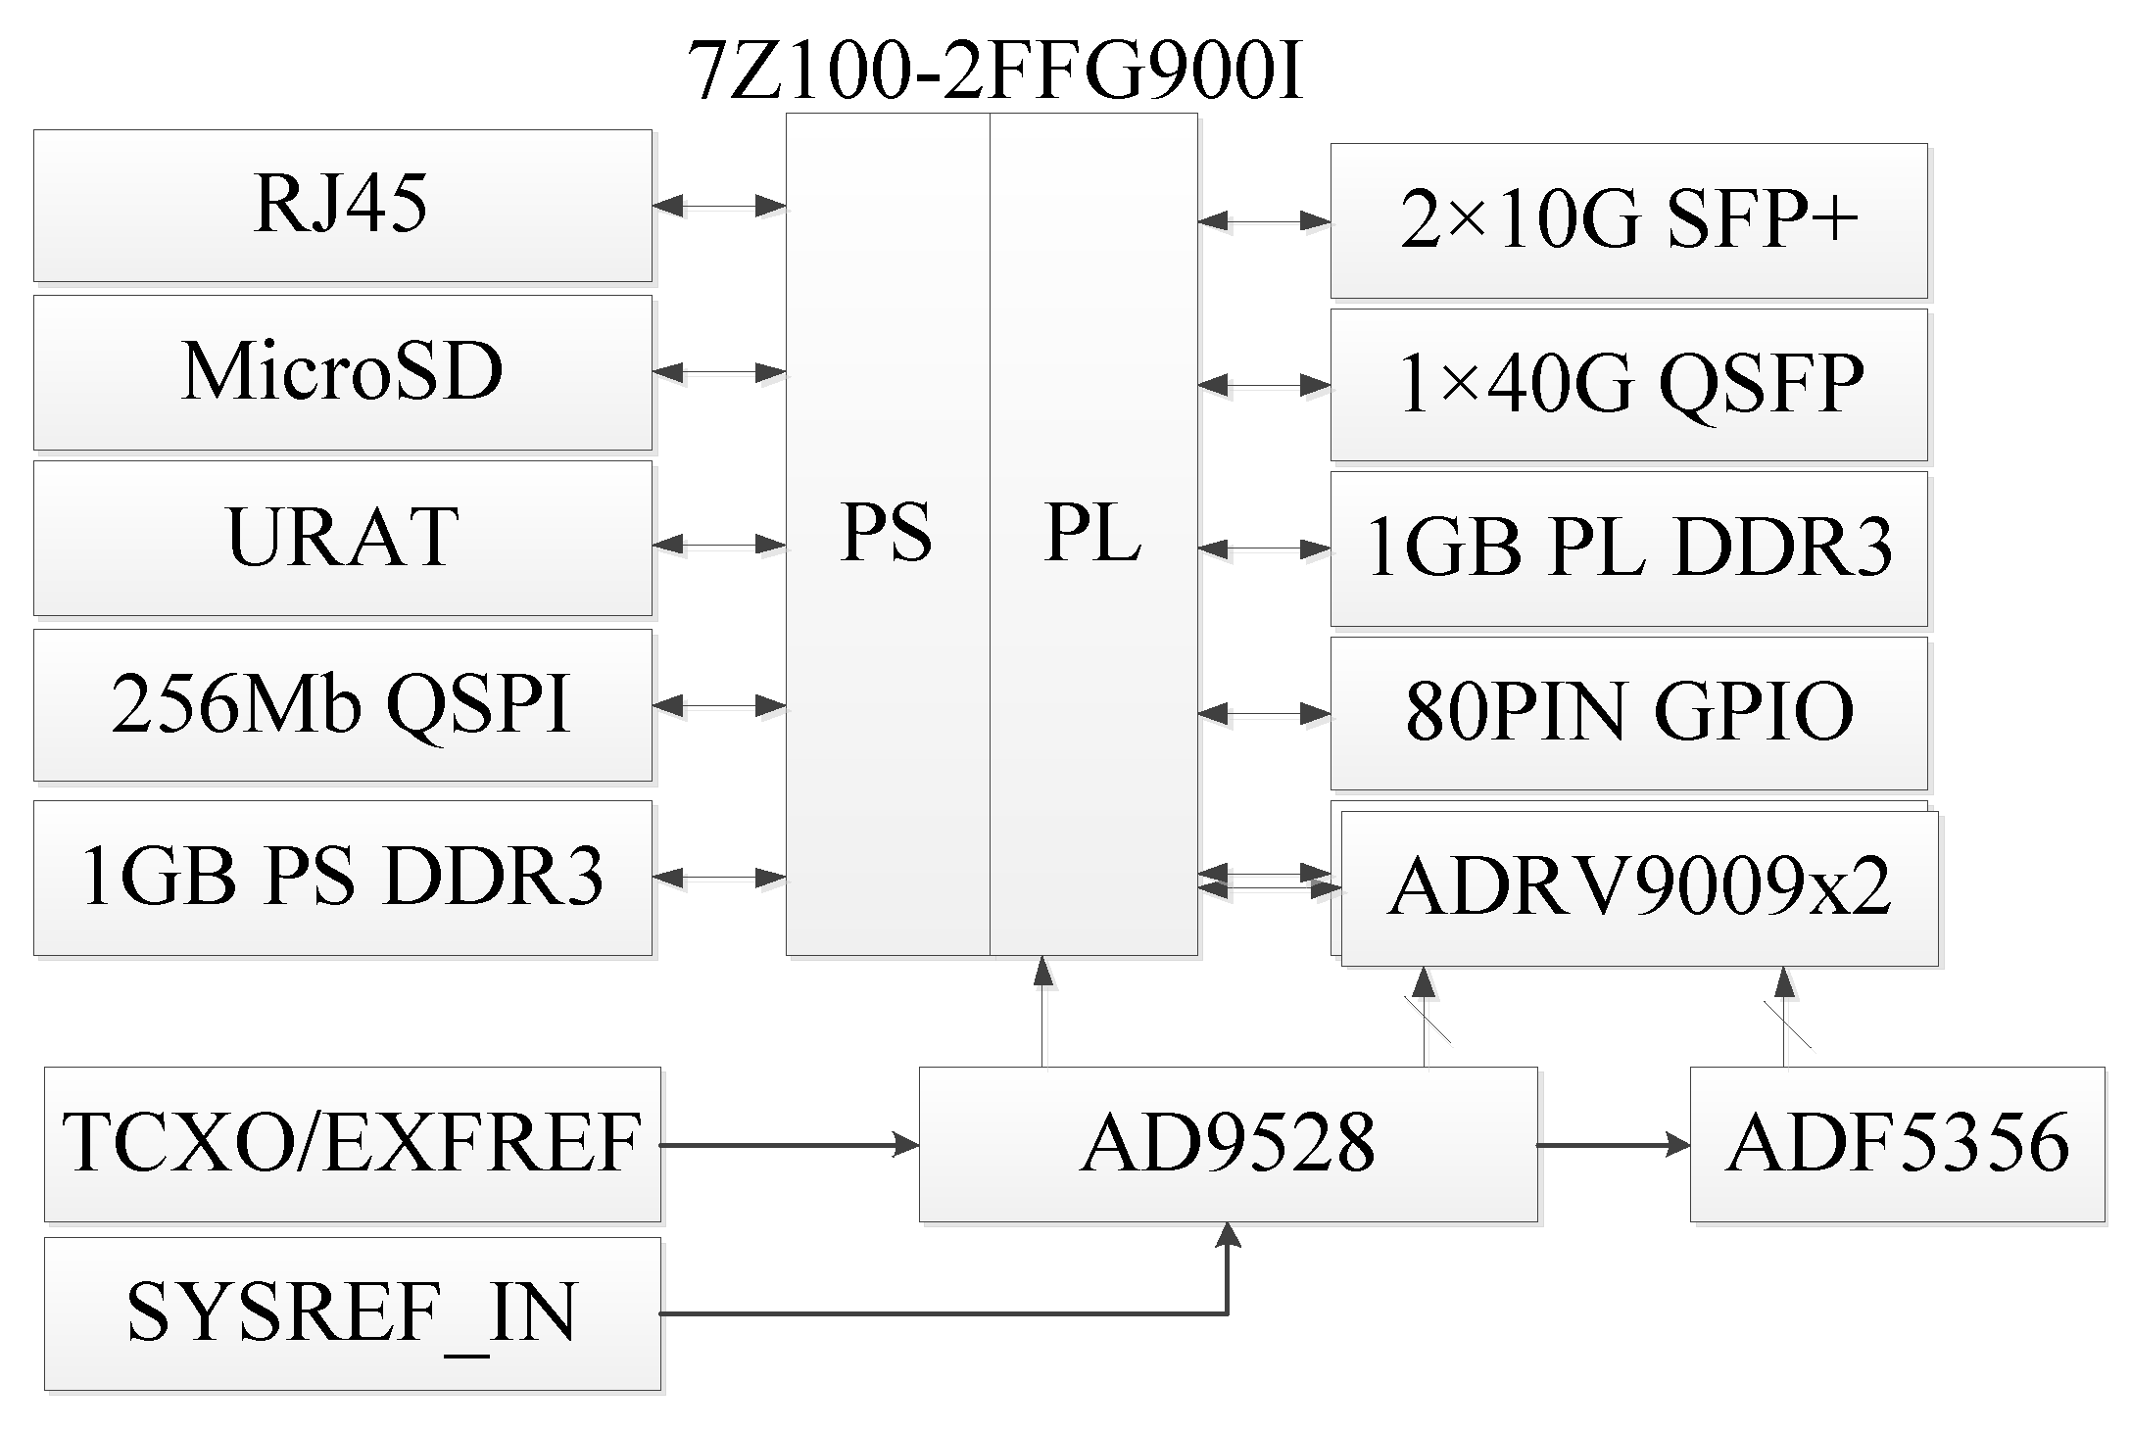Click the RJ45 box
[x=342, y=206]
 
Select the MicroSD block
[x=342, y=372]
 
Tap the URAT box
[x=342, y=538]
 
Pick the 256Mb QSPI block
[x=342, y=705]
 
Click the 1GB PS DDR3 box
[x=342, y=878]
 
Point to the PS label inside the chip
[x=886, y=534]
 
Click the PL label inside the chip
[x=1092, y=534]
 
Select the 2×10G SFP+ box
[x=1628, y=220]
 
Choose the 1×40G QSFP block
[x=1628, y=385]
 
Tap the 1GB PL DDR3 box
[x=1628, y=548]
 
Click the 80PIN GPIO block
[x=1628, y=713]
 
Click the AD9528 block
[x=1228, y=1144]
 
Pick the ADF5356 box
[x=1897, y=1144]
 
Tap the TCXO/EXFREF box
[x=352, y=1144]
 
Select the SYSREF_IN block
[x=352, y=1313]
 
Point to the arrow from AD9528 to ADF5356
[x=1613, y=1144]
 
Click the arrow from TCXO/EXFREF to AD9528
[x=790, y=1144]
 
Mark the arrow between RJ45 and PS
[x=719, y=206]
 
